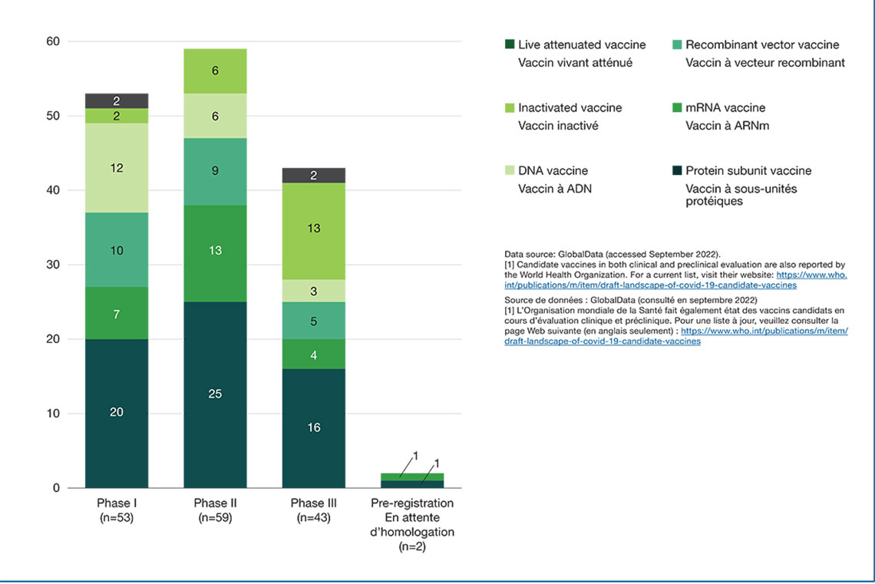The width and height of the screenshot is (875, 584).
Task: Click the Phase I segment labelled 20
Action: [117, 413]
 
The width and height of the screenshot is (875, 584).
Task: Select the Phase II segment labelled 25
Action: [215, 394]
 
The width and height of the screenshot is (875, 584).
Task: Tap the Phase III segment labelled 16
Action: [313, 427]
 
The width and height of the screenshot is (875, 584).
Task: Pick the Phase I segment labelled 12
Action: [117, 168]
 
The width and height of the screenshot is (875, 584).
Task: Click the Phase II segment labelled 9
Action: [215, 171]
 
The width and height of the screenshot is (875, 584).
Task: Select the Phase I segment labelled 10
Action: [117, 250]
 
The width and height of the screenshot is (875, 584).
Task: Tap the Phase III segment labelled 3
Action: [313, 291]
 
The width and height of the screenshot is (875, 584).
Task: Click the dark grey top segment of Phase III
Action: [313, 175]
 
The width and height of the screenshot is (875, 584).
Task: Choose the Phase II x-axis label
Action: [215, 510]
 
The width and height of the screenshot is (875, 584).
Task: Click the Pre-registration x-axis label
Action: [411, 525]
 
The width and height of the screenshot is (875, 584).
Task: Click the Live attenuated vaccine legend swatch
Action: [509, 45]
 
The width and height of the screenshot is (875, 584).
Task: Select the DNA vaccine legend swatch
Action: [509, 171]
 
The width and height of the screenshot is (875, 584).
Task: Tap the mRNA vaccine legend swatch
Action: [676, 108]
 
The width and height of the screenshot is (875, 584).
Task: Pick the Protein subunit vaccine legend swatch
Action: [676, 171]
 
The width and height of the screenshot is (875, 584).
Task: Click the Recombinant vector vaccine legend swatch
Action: [676, 45]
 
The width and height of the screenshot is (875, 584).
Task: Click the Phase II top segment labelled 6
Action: [215, 71]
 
